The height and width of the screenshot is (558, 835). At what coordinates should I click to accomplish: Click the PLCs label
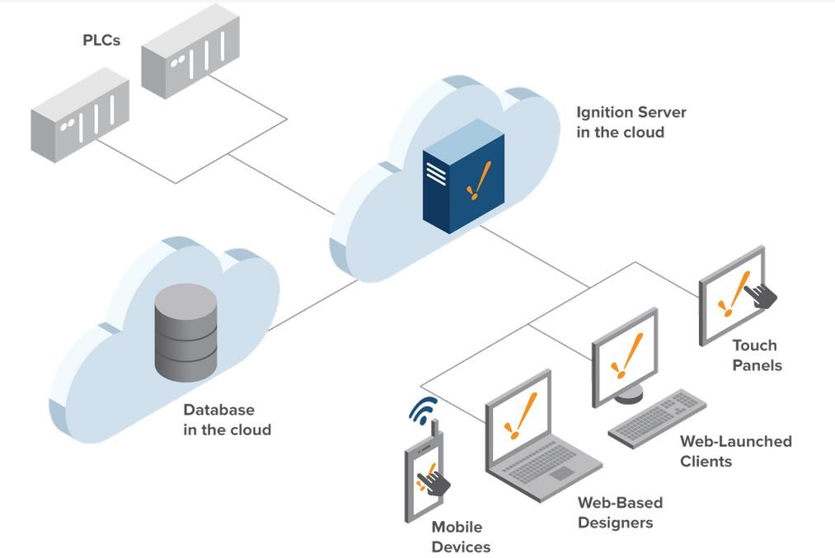click(x=101, y=40)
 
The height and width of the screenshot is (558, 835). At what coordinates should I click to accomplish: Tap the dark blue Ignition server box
click(x=463, y=176)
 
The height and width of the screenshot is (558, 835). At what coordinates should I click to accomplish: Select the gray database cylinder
click(x=185, y=332)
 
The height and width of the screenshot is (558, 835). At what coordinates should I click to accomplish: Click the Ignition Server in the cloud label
click(x=631, y=122)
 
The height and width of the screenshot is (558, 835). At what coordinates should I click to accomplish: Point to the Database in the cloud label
click(x=228, y=420)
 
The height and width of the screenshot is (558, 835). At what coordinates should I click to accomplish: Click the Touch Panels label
click(x=757, y=355)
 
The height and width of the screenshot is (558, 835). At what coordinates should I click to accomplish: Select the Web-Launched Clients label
click(x=735, y=451)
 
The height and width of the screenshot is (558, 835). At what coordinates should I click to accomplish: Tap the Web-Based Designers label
click(x=621, y=512)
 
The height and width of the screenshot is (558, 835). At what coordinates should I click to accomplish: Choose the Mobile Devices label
click(x=461, y=537)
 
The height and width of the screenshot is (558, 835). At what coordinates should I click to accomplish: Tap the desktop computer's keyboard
click(x=657, y=419)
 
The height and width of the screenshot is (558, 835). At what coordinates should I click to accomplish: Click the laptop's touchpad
click(x=562, y=473)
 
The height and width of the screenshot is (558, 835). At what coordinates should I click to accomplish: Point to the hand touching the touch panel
click(x=761, y=296)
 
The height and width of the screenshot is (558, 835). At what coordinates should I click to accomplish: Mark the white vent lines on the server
click(x=436, y=174)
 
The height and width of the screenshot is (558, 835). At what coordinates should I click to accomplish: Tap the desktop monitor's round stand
click(x=629, y=395)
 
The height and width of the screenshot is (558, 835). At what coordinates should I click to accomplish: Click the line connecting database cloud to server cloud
click(x=312, y=306)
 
